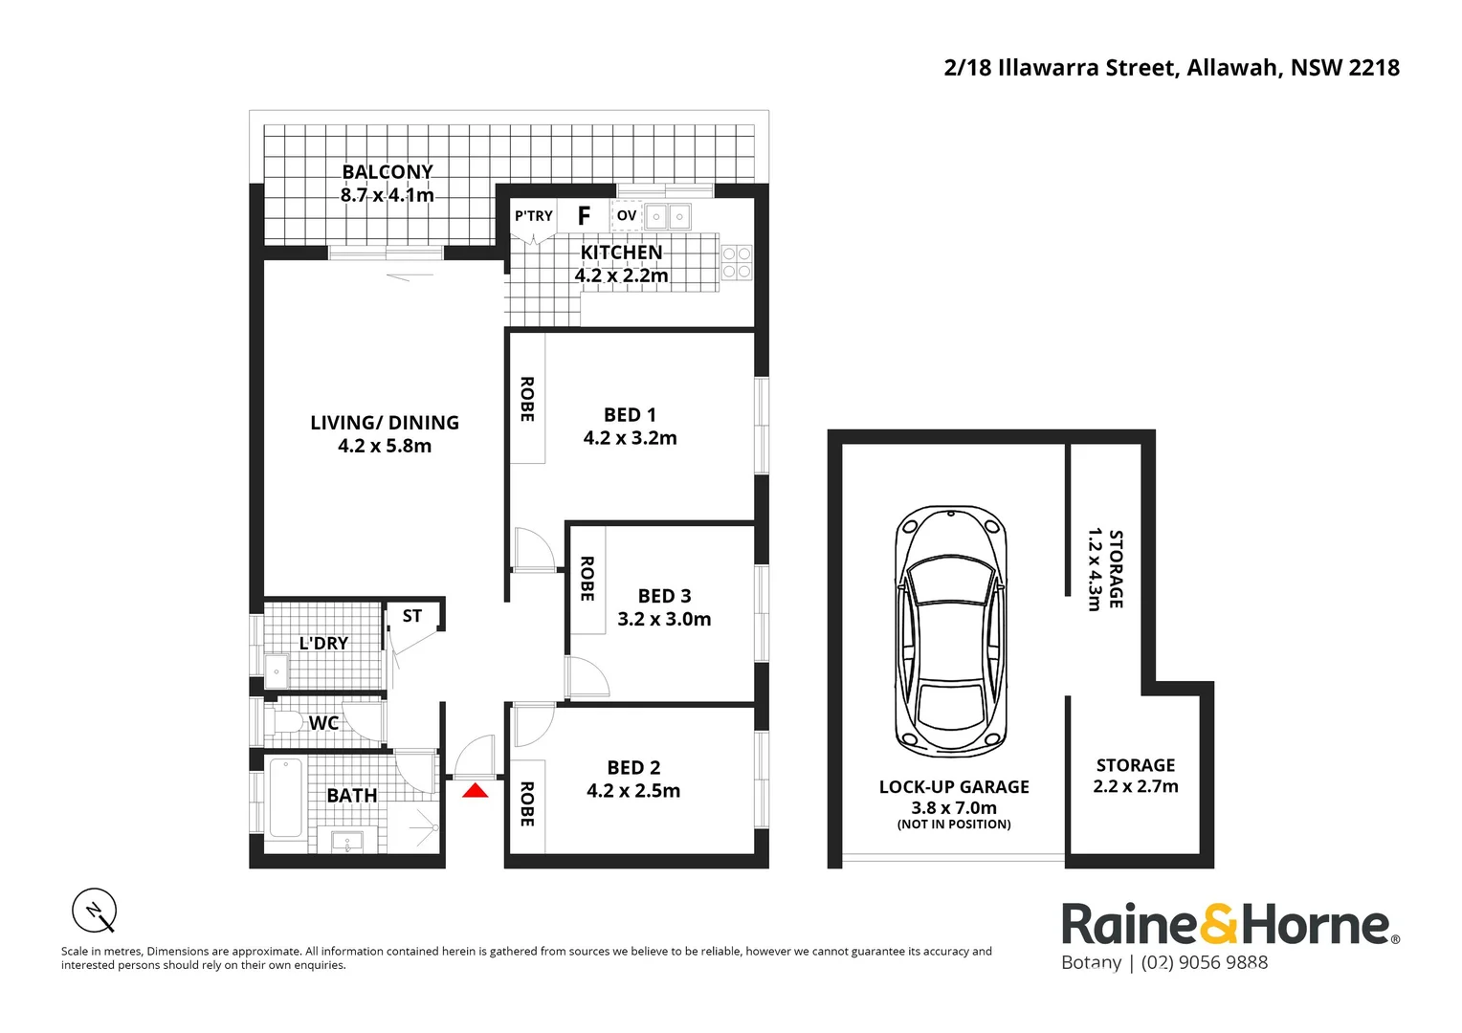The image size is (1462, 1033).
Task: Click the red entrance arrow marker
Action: [476, 790]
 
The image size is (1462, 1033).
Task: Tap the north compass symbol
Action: [95, 910]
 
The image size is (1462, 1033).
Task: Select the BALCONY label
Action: [388, 172]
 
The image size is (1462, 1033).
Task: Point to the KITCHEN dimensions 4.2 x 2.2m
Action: [621, 275]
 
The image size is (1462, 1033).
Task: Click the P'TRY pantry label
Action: [533, 216]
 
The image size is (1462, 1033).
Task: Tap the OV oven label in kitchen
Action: [627, 216]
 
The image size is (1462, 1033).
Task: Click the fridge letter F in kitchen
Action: [584, 216]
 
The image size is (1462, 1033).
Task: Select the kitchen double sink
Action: [667, 217]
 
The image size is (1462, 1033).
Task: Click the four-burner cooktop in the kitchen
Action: [736, 263]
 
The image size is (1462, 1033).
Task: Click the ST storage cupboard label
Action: [412, 616]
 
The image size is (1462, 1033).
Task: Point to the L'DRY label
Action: [323, 644]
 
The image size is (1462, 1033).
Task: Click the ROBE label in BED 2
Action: [526, 803]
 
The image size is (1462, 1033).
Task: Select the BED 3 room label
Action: [664, 596]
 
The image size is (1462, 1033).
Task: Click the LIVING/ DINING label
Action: [385, 423]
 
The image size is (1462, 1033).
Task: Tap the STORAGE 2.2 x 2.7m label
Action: [1135, 776]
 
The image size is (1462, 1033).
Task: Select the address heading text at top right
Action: [1171, 68]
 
